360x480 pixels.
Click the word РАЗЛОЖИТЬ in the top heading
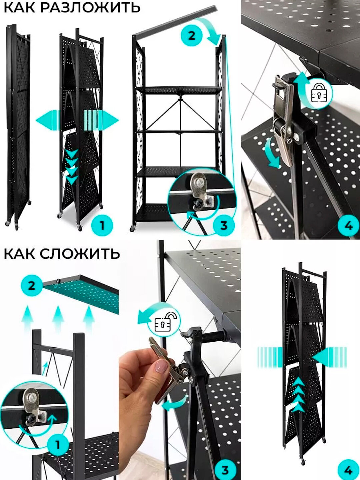(x=90, y=7)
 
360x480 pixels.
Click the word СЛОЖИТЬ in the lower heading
(x=80, y=254)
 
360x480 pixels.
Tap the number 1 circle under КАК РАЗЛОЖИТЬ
(x=102, y=226)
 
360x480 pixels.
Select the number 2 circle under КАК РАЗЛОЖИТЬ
(x=192, y=36)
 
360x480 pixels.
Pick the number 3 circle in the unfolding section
(x=224, y=226)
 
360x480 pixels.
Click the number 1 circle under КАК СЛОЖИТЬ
(x=58, y=445)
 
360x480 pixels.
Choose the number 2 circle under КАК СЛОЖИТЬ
(x=32, y=286)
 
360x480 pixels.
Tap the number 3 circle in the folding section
(x=225, y=470)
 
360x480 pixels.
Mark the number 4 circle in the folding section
(x=348, y=470)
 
